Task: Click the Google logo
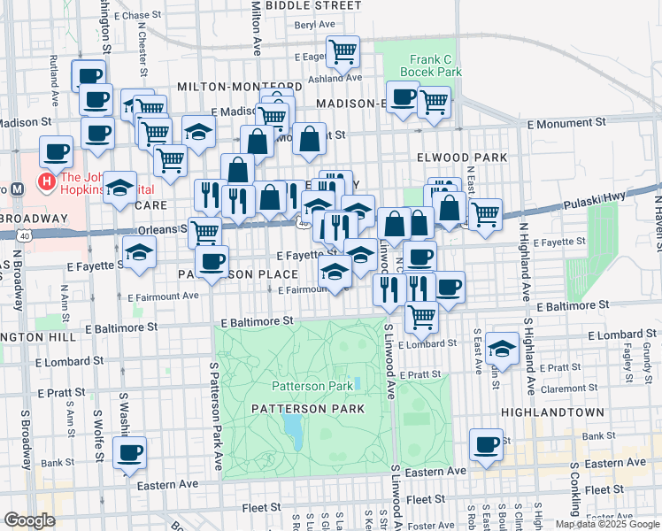29,520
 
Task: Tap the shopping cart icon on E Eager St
342,51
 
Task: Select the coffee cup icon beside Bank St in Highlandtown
486,445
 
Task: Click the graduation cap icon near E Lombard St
502,348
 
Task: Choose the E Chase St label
136,16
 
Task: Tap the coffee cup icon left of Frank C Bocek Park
403,96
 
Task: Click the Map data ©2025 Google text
606,524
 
